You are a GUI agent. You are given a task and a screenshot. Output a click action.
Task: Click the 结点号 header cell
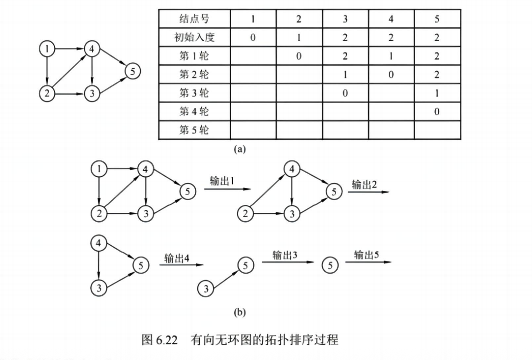[194, 19]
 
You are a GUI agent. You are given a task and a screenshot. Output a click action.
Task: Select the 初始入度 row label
[194, 38]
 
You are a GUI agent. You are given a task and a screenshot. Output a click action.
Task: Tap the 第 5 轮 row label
[194, 130]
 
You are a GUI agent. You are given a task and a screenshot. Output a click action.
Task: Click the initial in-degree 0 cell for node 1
[253, 38]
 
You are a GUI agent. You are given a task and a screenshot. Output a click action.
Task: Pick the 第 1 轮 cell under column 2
[299, 56]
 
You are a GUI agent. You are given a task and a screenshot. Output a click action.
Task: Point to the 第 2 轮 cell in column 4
[391, 75]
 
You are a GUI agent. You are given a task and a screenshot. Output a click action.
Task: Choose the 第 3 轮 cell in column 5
[437, 93]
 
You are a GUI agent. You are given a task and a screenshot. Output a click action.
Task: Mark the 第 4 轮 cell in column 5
[437, 112]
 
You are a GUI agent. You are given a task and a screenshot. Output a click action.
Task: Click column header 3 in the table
[345, 19]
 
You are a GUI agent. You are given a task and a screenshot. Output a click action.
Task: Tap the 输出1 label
[221, 181]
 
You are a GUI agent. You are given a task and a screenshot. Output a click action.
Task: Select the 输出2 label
[364, 184]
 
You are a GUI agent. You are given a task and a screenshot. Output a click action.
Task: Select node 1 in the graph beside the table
[47, 49]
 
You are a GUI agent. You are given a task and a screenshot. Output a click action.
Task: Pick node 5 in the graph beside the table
[132, 71]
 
